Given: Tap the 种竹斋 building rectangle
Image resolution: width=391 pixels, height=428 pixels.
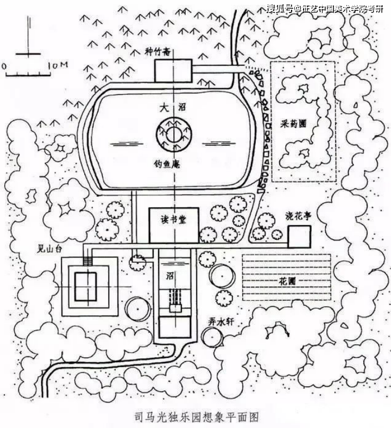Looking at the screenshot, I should click(x=173, y=71).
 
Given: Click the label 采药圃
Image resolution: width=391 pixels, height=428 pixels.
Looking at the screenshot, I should click(x=297, y=123).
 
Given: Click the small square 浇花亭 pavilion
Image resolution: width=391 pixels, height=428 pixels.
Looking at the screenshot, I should click(x=299, y=237).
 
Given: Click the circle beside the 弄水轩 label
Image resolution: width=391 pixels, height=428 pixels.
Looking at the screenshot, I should click(x=212, y=337).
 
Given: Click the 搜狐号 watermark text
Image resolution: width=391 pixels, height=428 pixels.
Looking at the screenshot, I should click(x=280, y=8).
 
